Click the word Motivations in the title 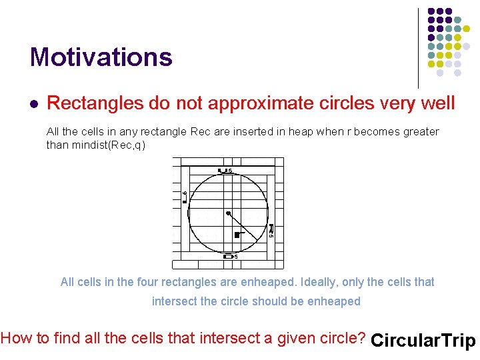click(101, 57)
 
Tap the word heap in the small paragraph click(301, 132)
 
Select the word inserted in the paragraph click(263, 132)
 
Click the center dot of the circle click(228, 213)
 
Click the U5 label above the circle click(225, 171)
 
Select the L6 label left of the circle click(185, 195)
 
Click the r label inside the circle click(237, 234)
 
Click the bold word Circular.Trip click(423, 341)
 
